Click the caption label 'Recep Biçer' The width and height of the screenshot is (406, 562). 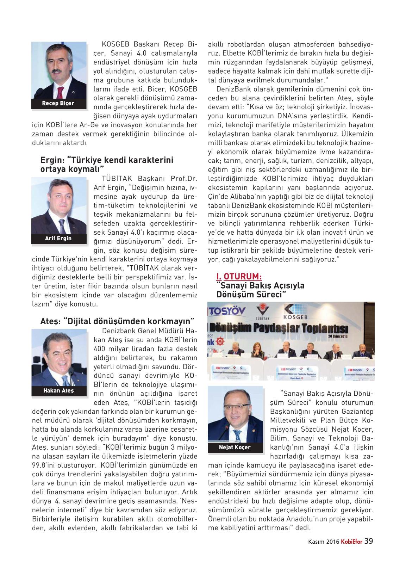58,103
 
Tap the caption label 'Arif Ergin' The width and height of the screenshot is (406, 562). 58,239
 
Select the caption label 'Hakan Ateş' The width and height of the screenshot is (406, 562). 58,391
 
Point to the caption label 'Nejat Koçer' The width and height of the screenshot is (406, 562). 235,447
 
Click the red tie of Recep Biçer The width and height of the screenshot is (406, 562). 60,92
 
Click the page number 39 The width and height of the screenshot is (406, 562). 369,550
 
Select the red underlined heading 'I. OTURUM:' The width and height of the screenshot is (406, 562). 239,277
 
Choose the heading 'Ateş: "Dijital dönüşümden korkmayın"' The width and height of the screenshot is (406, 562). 117,321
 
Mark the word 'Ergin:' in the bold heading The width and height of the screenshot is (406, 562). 52,160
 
